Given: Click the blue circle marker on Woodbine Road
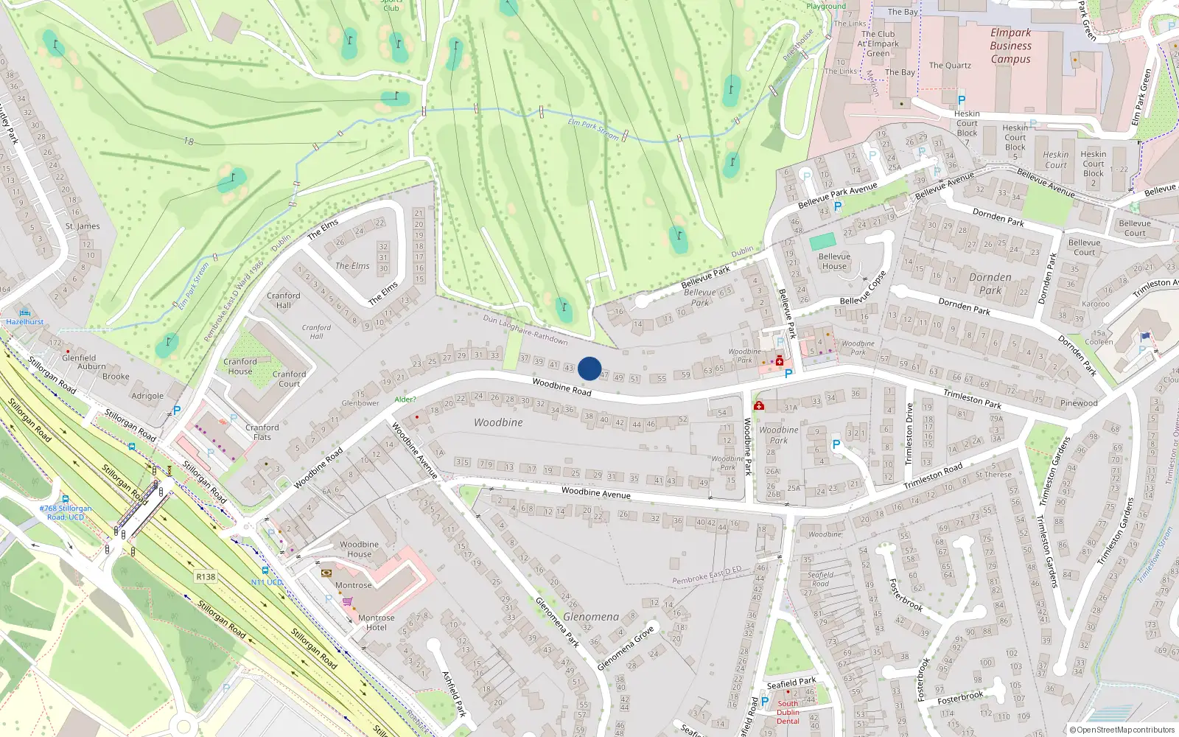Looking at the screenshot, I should point(589,368).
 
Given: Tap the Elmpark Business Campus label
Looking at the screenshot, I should point(1010,46).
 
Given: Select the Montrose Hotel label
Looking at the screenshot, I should point(376,623).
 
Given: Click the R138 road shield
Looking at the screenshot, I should point(206,576).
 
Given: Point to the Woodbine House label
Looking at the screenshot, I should point(359,549).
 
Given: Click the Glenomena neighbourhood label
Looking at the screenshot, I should point(591,616).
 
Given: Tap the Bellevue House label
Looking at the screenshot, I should point(834,262).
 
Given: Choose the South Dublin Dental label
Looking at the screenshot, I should point(788,712).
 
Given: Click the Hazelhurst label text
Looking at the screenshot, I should point(25,322).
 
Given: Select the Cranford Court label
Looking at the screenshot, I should point(289,379).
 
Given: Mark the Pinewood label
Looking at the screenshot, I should point(1079,403).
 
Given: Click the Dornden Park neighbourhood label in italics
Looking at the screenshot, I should point(990,284).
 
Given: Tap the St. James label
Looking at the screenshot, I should point(83,226).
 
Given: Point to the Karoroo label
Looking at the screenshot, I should point(1096,304).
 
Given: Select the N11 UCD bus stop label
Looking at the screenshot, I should point(267,582).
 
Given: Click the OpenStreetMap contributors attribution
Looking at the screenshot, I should point(1122,730).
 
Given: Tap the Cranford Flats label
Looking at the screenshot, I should point(262,432).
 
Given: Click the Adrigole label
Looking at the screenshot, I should point(147,396).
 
